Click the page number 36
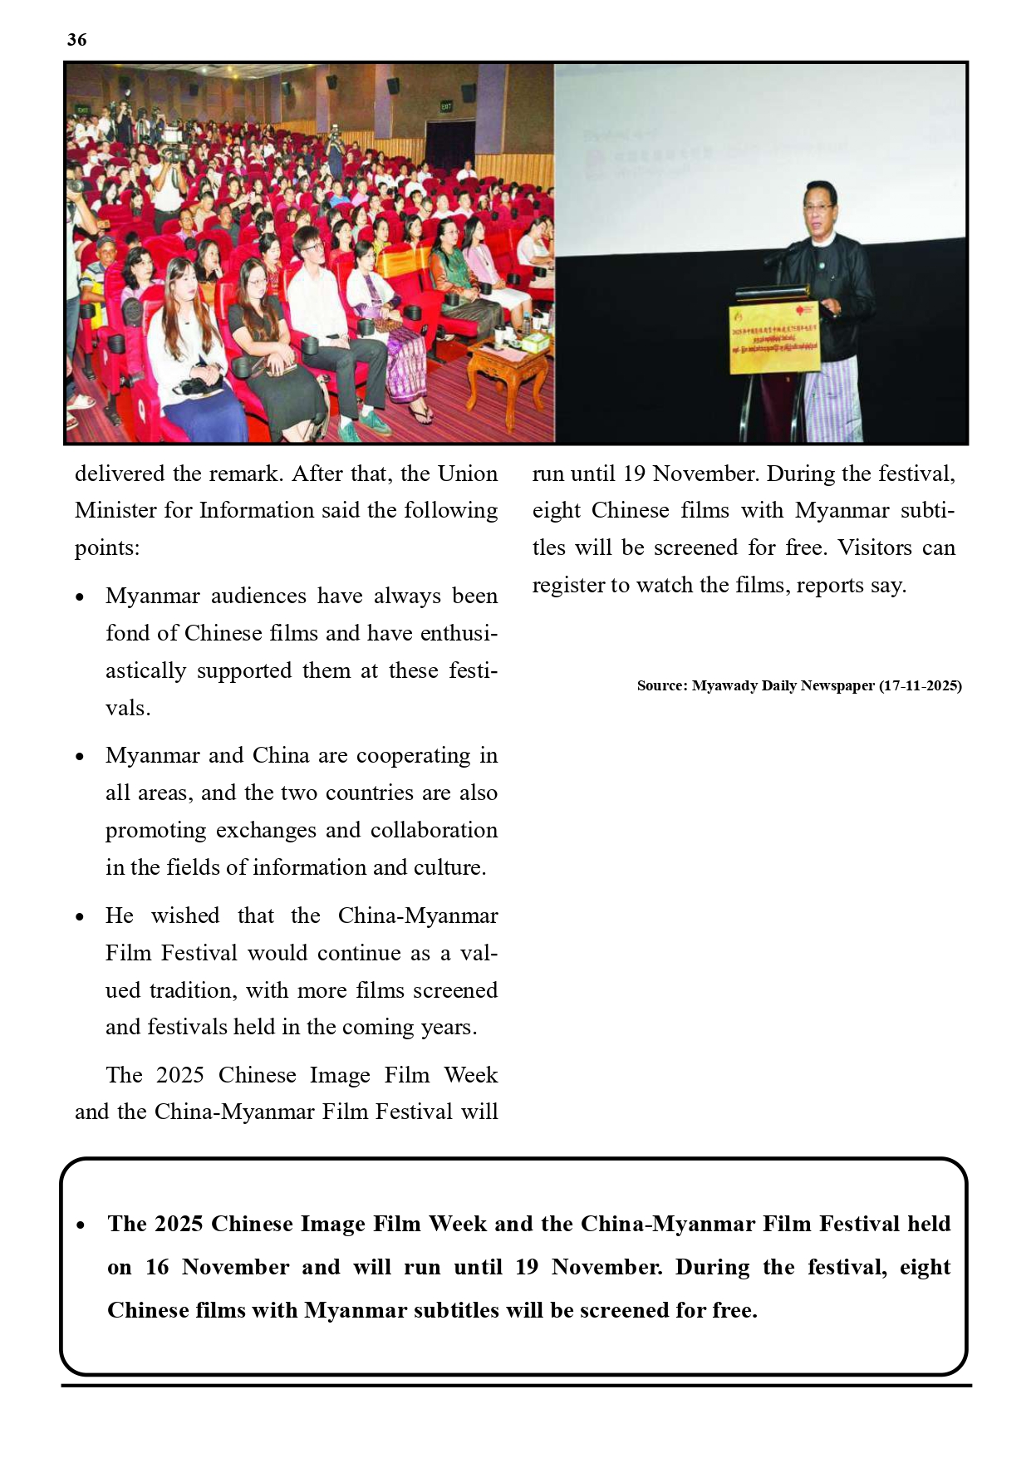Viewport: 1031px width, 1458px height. click(76, 40)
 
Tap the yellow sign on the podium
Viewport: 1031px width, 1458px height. click(773, 338)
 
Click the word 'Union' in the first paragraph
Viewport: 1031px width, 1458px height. click(468, 474)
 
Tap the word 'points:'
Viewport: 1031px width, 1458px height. click(107, 548)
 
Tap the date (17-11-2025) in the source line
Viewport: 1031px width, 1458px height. click(921, 686)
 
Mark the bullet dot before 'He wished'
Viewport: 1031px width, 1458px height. click(80, 917)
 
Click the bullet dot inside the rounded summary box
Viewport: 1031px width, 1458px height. click(81, 1225)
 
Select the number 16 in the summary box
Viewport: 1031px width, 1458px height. click(157, 1267)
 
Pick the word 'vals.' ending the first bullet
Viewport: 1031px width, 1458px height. click(128, 709)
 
